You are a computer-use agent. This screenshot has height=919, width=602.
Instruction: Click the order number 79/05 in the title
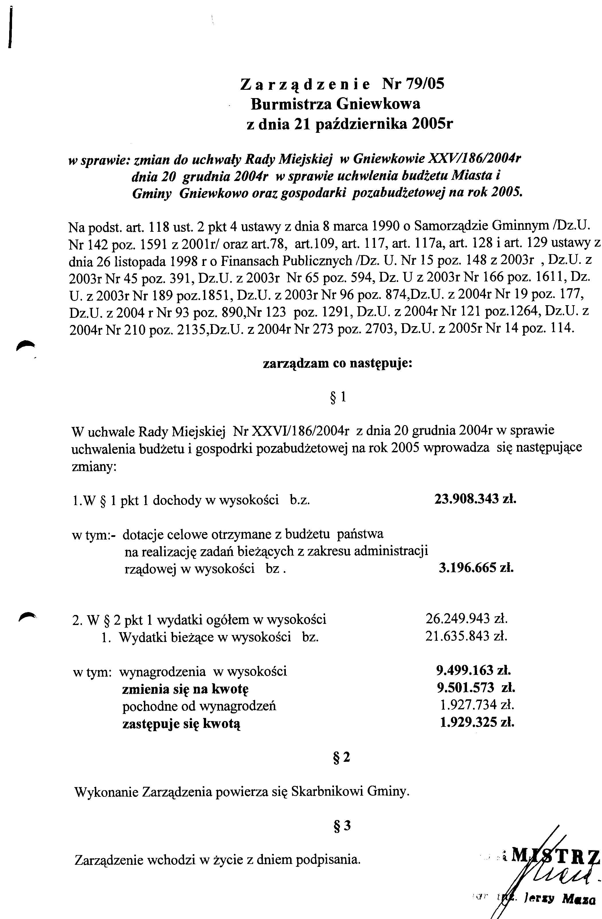pyautogui.click(x=425, y=84)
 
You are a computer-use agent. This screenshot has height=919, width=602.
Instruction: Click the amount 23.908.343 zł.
pyautogui.click(x=475, y=499)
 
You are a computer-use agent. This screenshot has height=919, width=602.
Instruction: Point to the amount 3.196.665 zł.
pyautogui.click(x=476, y=568)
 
